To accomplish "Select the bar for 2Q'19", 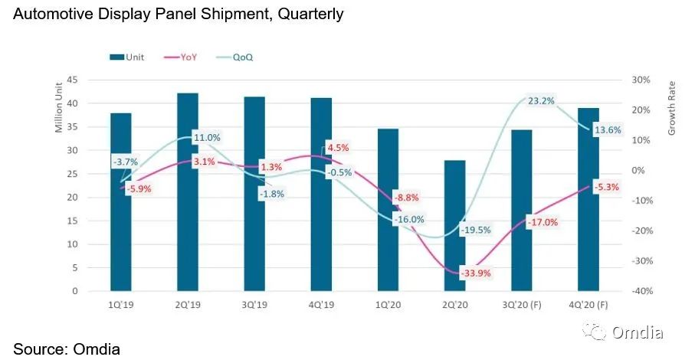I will click(188, 191).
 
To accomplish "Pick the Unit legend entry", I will click(126, 57).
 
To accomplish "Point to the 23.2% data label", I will click(541, 100).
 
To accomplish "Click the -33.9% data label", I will click(474, 273).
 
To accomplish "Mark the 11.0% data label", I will click(207, 138).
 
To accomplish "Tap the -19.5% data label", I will click(475, 230).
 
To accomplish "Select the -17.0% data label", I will click(542, 222).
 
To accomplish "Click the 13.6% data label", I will click(608, 130).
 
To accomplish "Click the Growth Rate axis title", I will click(671, 108).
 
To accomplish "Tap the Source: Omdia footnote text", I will click(67, 349).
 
